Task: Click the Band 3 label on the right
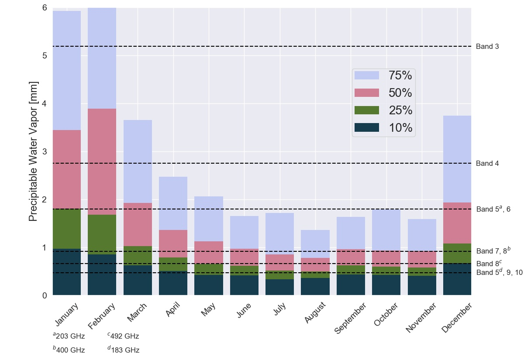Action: coord(487,47)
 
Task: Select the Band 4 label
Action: coord(487,164)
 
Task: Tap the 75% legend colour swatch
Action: coord(366,75)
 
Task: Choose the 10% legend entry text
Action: coord(400,128)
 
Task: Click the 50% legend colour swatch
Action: coord(366,93)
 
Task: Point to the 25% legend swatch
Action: coord(366,110)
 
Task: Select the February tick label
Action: coord(102,316)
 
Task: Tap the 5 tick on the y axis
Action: coord(44,56)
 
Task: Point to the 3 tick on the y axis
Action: coord(44,152)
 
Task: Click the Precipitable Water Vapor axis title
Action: coord(34,151)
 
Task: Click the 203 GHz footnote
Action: coord(69,336)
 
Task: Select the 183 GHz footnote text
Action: coord(124,350)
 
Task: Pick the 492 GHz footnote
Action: coord(124,336)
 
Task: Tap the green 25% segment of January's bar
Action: coord(67,229)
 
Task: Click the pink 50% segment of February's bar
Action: coord(102,161)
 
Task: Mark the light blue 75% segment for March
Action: coord(138,161)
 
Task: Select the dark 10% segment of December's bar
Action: coord(457,279)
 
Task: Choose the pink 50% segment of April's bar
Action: coord(173,243)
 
